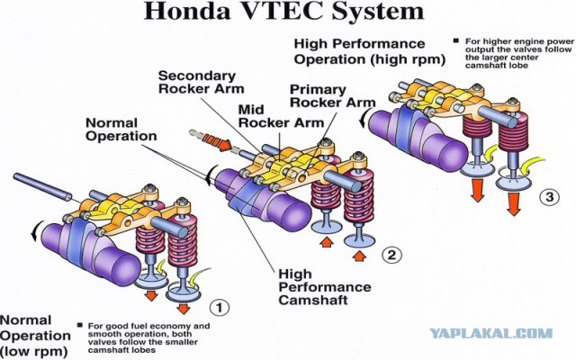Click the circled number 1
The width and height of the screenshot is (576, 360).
coord(220,307)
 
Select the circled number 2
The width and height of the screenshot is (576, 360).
coord(391,255)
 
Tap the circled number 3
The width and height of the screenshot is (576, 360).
coord(549,197)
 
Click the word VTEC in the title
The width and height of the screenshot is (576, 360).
coord(282,11)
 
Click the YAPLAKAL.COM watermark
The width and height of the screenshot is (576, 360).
coord(491,334)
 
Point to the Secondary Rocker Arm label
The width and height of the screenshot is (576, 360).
coord(201,82)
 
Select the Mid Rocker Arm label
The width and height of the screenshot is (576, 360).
coord(281,116)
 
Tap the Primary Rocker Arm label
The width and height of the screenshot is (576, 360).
coord(332,96)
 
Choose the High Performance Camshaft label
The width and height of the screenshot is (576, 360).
coord(325,287)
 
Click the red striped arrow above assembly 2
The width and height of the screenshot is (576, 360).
coord(217,142)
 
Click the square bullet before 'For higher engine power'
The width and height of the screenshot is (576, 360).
coord(456,40)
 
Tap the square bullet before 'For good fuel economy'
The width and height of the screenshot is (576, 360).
coord(80,325)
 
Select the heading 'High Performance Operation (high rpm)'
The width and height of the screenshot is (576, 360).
coord(369,51)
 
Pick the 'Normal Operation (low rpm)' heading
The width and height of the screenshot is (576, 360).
coord(35,336)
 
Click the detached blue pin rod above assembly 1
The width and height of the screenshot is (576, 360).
coord(42,187)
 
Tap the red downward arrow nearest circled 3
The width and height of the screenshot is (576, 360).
coord(514,204)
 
